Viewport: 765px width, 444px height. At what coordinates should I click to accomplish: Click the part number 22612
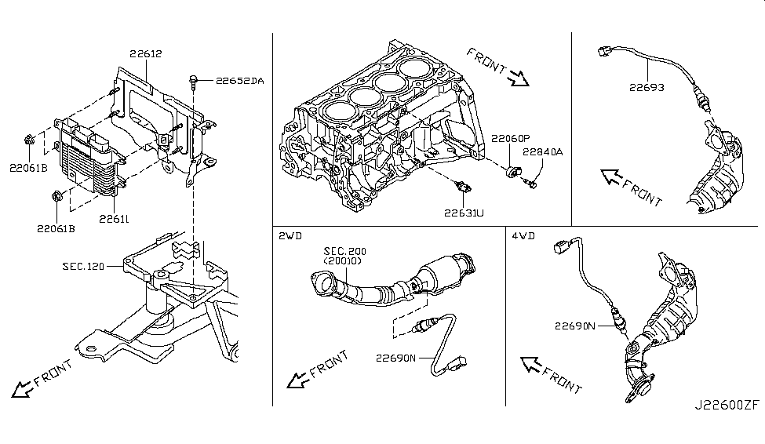(145, 53)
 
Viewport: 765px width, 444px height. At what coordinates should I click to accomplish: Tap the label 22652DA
(239, 81)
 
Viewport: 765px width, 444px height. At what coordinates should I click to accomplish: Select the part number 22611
(114, 219)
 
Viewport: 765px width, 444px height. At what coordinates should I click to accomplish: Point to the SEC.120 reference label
(83, 267)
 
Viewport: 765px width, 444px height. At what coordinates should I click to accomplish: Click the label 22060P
(510, 139)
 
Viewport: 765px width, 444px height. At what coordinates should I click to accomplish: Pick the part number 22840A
(542, 151)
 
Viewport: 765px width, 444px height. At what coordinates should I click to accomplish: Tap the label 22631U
(464, 213)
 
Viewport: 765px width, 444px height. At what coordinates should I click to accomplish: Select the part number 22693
(647, 87)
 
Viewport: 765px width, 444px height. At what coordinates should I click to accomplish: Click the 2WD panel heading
(290, 236)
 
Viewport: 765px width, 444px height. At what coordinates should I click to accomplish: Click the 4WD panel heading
(523, 236)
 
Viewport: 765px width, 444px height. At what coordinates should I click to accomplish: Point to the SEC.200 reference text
(345, 251)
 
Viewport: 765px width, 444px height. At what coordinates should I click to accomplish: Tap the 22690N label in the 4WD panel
(574, 326)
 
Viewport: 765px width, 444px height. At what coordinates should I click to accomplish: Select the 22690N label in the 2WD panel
(395, 358)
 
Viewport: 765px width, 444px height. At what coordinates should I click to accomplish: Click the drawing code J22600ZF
(727, 405)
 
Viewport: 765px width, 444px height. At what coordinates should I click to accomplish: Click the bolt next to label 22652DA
(194, 82)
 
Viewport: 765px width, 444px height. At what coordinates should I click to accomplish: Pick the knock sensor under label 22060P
(513, 171)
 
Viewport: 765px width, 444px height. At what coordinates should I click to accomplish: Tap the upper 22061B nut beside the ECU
(29, 140)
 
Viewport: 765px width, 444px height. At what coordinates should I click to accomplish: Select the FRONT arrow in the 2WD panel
(297, 380)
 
